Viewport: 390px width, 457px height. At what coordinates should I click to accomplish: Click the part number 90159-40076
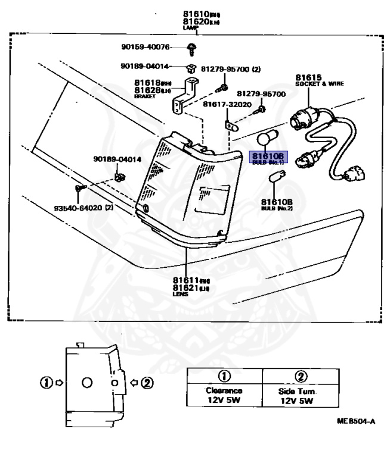point(145,47)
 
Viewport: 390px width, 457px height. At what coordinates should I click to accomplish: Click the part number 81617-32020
point(227,104)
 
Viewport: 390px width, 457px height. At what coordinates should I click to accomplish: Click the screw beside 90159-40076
point(190,48)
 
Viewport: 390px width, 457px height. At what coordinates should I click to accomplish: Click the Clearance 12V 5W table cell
point(225,395)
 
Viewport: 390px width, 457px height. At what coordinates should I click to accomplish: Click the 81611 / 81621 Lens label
point(185,286)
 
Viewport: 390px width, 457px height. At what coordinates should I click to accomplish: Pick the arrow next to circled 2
point(135,381)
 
